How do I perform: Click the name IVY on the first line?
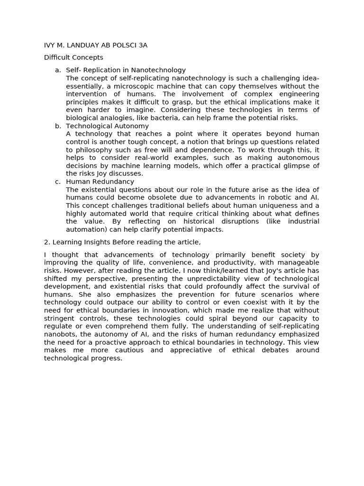point(50,45)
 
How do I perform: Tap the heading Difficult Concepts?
point(73,57)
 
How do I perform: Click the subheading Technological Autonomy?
point(107,126)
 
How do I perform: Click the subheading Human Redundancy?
point(100,182)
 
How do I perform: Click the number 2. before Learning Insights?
point(47,242)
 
